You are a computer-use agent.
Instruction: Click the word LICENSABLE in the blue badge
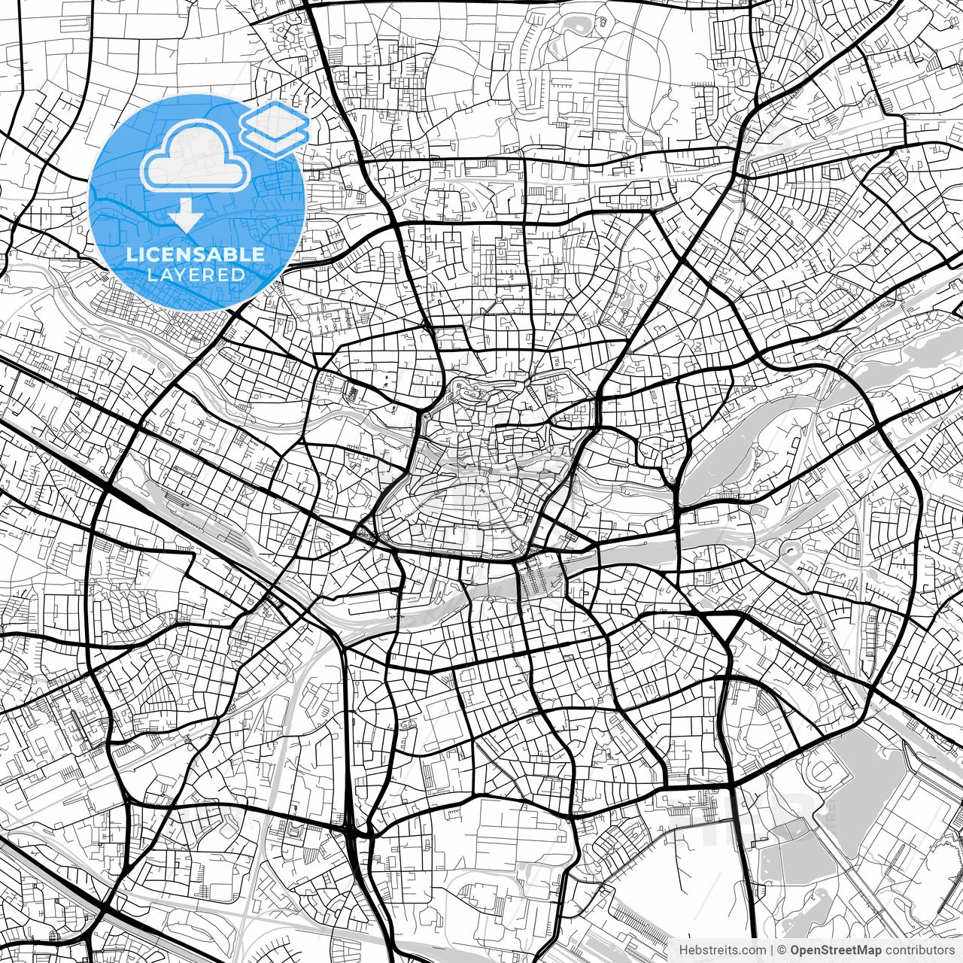[196, 254]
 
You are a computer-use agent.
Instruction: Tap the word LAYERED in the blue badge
[196, 275]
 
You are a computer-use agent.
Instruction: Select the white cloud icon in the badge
[196, 156]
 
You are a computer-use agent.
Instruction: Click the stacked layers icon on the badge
[275, 129]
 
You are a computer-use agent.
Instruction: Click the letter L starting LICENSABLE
[131, 254]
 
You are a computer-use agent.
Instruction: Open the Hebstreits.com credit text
[722, 950]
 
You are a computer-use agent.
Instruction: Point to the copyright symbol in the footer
[782, 950]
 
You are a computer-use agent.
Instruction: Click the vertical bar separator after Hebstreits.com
[773, 950]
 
